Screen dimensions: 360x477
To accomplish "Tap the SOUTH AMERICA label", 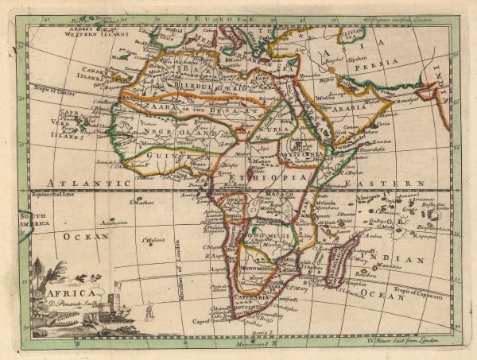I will [x=35, y=220].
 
